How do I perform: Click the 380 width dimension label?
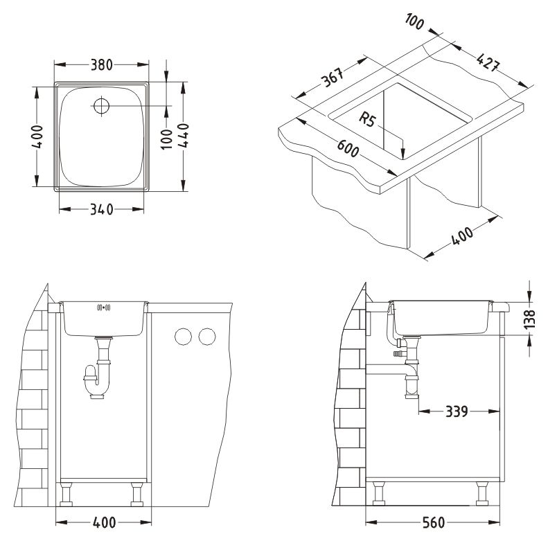click(102, 65)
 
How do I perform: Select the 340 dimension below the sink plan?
click(102, 210)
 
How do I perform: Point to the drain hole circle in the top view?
click(101, 105)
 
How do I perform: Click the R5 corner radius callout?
click(367, 120)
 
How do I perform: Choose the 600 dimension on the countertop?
click(348, 148)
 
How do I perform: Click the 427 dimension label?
click(488, 62)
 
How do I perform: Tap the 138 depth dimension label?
click(530, 319)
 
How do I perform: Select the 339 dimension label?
click(457, 411)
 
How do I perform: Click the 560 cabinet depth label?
click(434, 523)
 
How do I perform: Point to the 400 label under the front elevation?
click(104, 523)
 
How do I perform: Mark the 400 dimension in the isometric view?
click(462, 236)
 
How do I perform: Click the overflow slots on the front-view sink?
click(103, 308)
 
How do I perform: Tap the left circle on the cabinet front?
click(183, 337)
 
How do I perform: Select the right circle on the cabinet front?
click(207, 337)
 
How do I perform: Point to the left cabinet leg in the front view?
click(66, 494)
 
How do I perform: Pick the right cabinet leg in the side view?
click(482, 493)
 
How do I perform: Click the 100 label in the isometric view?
click(414, 21)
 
